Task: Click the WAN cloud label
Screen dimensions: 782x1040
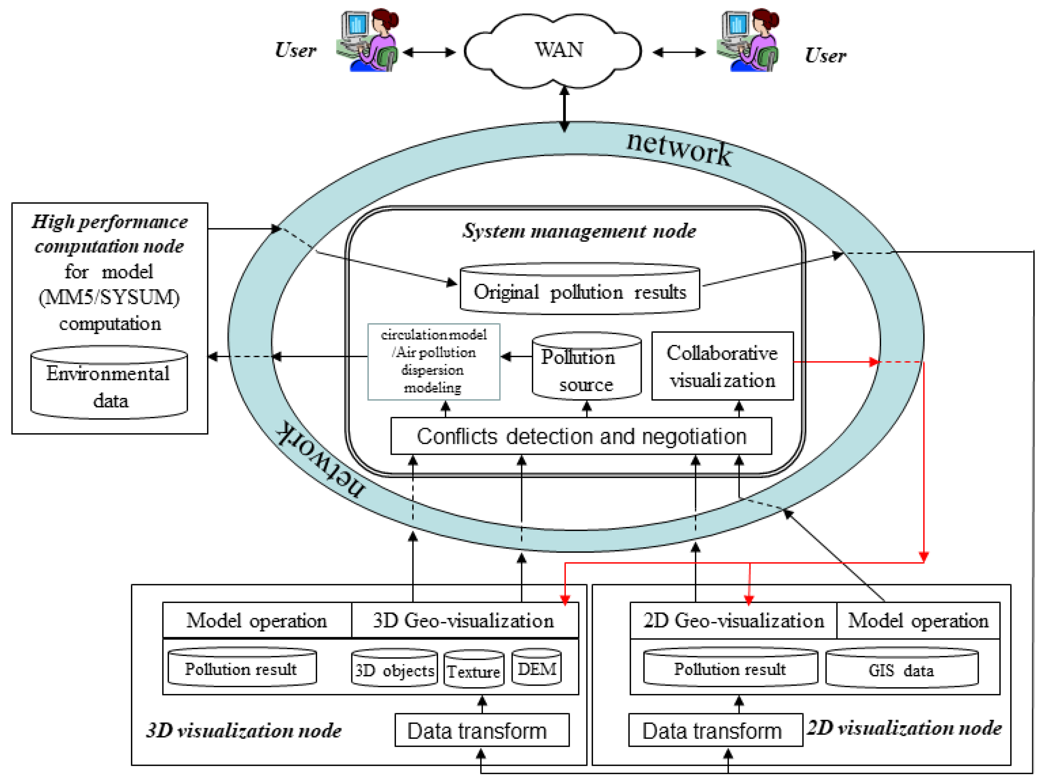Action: [x=559, y=49]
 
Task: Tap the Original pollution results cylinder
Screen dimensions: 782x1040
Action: [x=580, y=291]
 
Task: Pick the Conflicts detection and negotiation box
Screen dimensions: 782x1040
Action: [x=581, y=436]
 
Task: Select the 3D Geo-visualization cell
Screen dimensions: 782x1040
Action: [x=464, y=620]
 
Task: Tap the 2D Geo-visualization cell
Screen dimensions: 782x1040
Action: [x=733, y=620]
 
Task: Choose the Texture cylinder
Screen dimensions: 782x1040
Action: [x=474, y=670]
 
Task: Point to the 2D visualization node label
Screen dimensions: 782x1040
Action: [x=904, y=728]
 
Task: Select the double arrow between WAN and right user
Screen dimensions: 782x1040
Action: [x=679, y=52]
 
